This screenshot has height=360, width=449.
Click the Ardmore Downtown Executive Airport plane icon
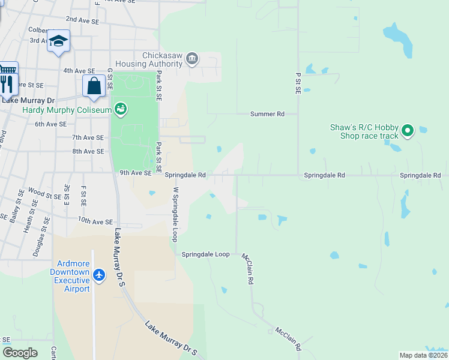click(99, 275)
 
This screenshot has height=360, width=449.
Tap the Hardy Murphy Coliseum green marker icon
click(121, 109)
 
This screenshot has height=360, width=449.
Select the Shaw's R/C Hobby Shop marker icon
click(408, 130)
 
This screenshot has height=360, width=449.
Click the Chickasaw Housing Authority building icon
click(192, 58)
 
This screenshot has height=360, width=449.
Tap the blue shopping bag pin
click(94, 86)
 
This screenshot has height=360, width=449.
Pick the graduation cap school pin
click(58, 41)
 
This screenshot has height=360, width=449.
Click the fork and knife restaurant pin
click(7, 83)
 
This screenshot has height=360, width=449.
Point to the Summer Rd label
click(267, 113)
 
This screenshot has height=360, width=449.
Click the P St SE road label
click(298, 83)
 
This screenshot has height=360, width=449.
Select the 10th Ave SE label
click(95, 221)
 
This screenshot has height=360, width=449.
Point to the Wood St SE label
click(44, 195)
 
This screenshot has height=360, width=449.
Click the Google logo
click(20, 353)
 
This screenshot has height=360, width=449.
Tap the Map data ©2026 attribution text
click(423, 355)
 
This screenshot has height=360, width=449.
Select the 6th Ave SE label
click(50, 124)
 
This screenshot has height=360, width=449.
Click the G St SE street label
click(110, 79)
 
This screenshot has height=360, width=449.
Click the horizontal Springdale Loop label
click(206, 254)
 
